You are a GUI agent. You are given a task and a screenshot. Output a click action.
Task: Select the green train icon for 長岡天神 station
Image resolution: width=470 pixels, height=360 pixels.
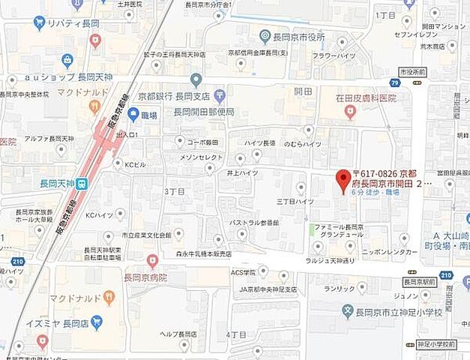click(81, 183)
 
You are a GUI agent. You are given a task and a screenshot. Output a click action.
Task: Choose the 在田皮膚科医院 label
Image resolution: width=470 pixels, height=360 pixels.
click(365, 98)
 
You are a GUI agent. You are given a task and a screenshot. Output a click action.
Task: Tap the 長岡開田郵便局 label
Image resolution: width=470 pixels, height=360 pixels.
click(204, 112)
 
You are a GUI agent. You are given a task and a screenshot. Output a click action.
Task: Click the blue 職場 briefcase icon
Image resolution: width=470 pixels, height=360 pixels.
click(133, 115)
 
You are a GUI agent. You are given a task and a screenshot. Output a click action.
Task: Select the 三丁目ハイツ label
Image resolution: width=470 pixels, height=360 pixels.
click(295, 201)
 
